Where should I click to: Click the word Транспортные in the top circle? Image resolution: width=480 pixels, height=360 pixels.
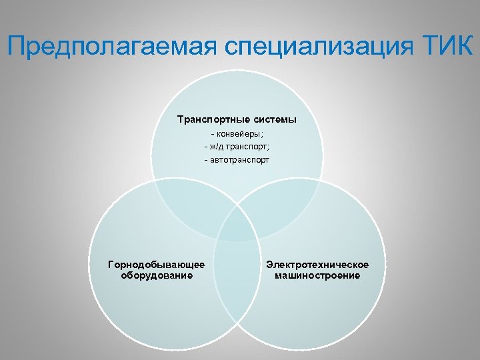(x=206, y=120)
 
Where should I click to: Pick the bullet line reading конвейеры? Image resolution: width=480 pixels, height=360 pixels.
(x=237, y=134)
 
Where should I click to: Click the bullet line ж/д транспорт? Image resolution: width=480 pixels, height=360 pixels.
(x=237, y=147)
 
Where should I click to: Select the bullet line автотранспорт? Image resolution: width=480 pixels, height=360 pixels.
(x=237, y=160)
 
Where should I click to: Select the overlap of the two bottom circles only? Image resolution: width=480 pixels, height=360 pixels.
(x=237, y=280)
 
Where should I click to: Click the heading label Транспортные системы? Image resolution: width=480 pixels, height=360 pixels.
(x=237, y=120)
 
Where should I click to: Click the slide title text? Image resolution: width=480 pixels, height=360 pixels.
(x=240, y=46)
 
